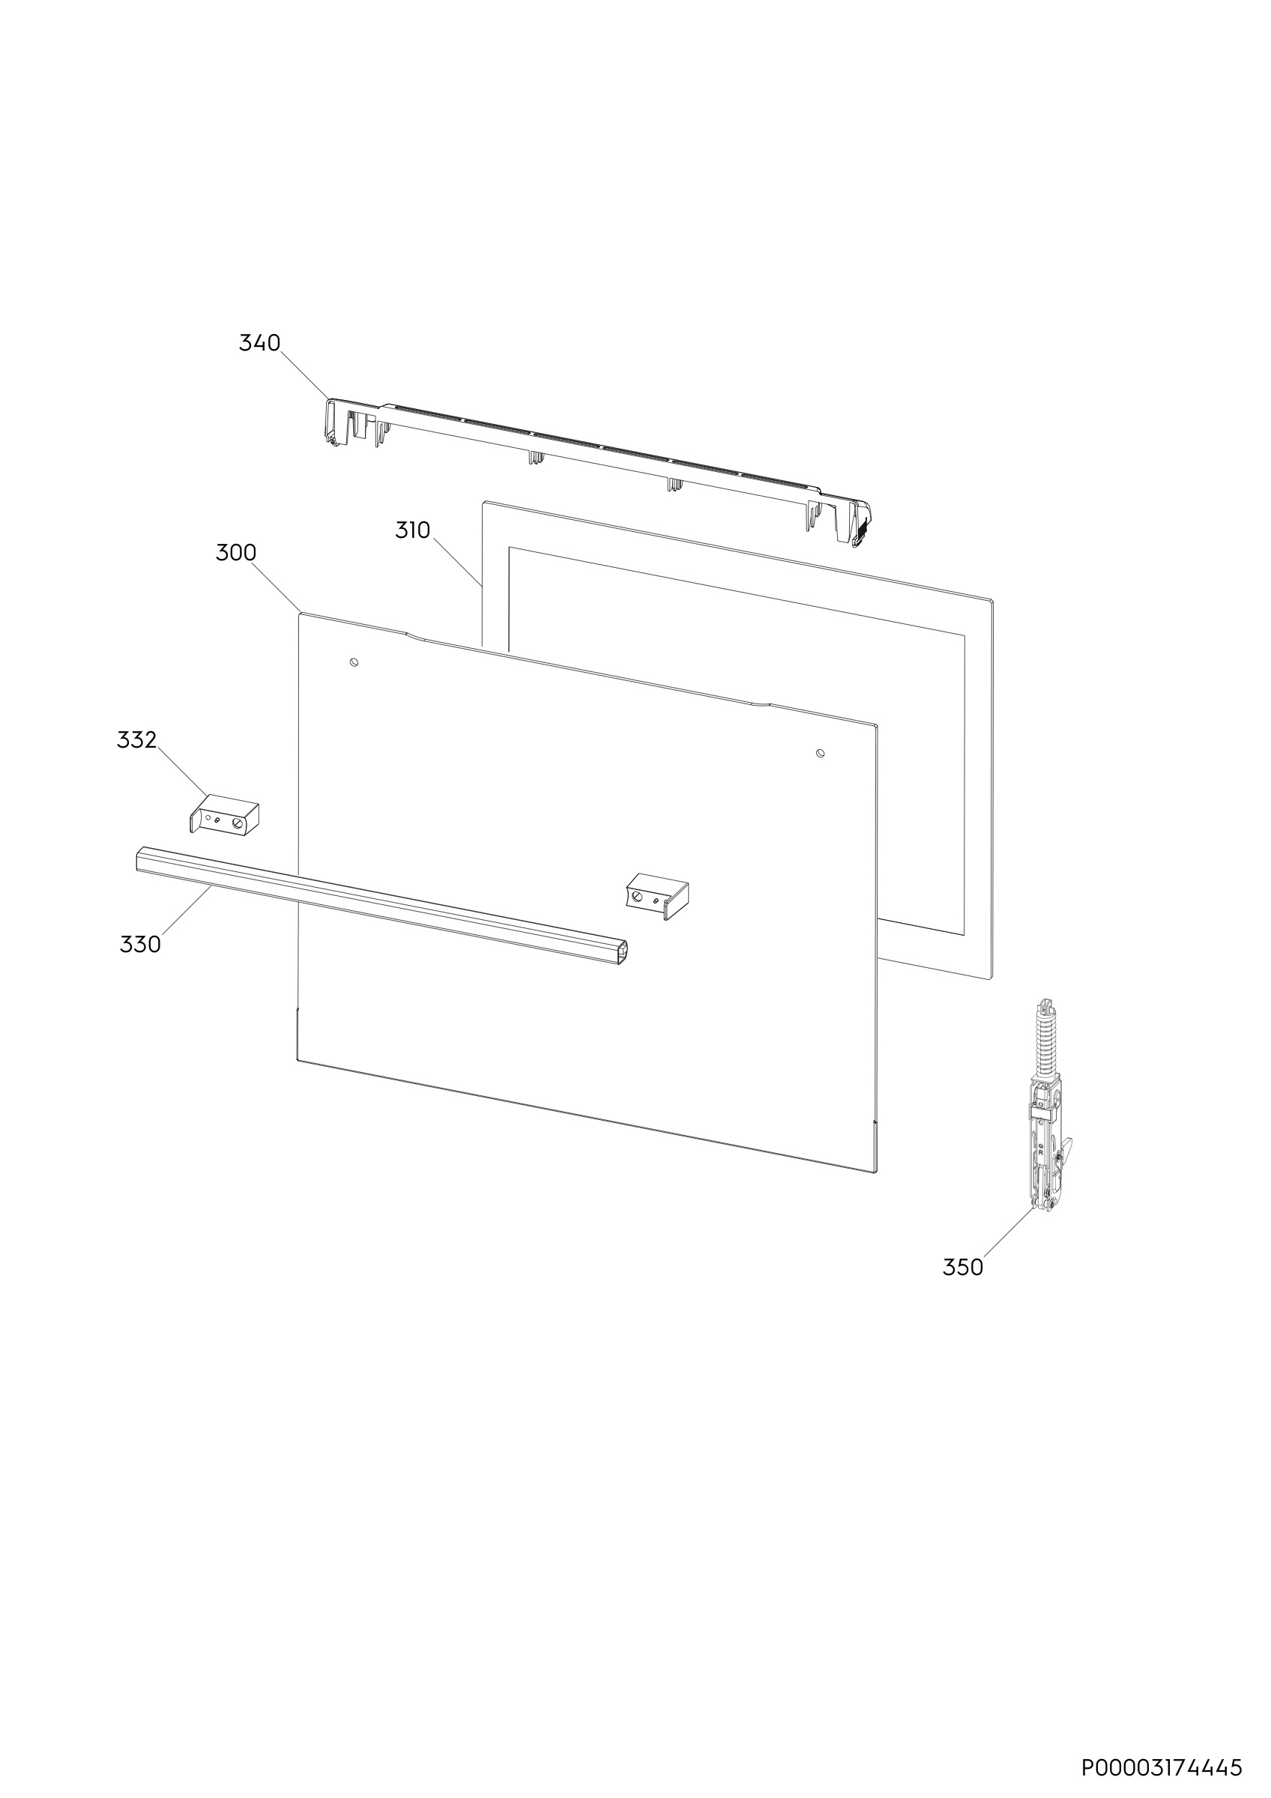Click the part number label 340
(259, 343)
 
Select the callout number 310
(413, 531)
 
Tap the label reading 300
(236, 553)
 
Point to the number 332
(137, 740)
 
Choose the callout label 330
(140, 945)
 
